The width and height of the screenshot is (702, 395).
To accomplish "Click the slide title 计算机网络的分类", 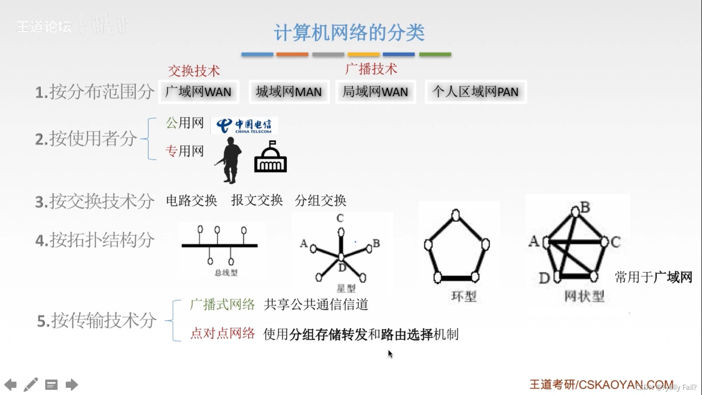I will tap(349, 33).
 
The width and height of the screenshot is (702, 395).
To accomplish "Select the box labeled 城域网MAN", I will tap(289, 92).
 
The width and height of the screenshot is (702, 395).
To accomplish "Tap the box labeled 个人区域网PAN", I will tap(475, 92).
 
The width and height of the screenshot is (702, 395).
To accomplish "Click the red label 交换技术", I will tap(194, 71).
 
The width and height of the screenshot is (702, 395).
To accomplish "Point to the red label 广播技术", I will tap(371, 69).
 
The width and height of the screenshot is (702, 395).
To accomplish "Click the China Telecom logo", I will tap(244, 125).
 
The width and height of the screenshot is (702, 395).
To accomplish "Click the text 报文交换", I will tap(257, 200).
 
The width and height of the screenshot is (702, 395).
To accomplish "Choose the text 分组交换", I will tap(321, 200).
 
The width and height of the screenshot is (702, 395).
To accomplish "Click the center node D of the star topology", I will tap(341, 257).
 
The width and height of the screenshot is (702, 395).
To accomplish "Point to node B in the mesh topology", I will tap(575, 211).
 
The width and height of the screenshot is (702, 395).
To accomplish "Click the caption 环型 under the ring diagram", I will tap(464, 296).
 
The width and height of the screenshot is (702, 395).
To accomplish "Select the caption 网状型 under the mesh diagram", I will tap(584, 296).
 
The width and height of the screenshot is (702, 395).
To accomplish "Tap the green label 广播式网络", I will tap(222, 304).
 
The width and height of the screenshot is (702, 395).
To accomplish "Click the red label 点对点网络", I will tap(222, 333).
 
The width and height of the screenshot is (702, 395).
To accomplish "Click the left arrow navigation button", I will tap(11, 384).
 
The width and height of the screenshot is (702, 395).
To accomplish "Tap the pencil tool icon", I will tap(31, 384).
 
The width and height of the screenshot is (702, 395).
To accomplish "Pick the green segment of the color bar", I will tap(435, 54).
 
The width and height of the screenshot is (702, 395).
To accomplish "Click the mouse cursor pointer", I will tap(390, 354).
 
